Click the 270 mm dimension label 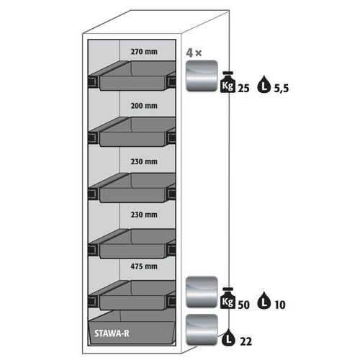[144, 52]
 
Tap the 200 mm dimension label [144, 106]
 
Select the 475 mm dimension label [144, 266]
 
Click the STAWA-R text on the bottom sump [112, 333]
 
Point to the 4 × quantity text [194, 53]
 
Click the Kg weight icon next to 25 [228, 82]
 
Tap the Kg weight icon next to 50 [228, 298]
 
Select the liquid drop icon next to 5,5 [264, 84]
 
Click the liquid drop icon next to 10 [264, 300]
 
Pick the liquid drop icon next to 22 [228, 337]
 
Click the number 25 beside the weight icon [243, 89]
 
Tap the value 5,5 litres [282, 89]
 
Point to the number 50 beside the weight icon [243, 305]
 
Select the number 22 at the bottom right [246, 341]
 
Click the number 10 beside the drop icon [280, 305]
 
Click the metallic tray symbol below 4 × [202, 76]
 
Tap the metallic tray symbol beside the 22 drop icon [202, 330]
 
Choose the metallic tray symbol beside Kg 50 [202, 292]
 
